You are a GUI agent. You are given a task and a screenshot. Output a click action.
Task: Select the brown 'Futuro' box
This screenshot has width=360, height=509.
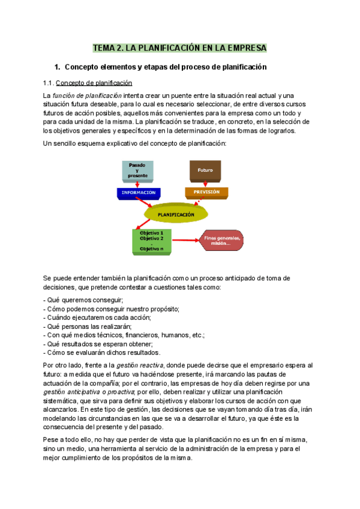pyautogui.click(x=205, y=170)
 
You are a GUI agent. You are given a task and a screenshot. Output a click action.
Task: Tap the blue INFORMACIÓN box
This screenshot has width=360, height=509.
pyautogui.click(x=139, y=193)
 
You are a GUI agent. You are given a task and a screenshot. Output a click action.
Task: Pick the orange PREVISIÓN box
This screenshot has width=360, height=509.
pyautogui.click(x=206, y=193)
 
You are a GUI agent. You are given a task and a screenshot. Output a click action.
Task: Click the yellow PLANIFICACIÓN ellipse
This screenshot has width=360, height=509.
pyautogui.click(x=176, y=214)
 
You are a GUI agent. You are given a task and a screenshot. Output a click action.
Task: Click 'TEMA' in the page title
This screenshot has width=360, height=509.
pyautogui.click(x=103, y=47)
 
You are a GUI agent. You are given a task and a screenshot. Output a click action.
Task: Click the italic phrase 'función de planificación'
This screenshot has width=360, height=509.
pyautogui.click(x=87, y=95)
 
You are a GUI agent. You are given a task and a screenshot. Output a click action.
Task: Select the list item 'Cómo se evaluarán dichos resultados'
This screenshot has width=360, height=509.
pyautogui.click(x=101, y=352)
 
